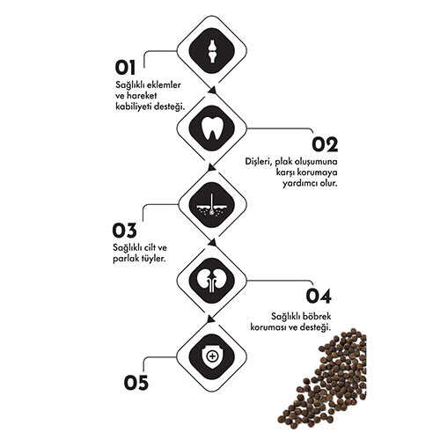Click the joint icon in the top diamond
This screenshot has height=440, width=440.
[212, 51]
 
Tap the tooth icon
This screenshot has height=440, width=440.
[212, 128]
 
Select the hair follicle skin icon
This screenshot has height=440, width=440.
[212, 204]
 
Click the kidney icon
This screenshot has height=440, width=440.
[212, 281]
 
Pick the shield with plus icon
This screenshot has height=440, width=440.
[212, 356]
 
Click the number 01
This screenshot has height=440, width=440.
[125, 68]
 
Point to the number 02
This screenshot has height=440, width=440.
[325, 144]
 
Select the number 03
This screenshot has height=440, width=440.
[125, 231]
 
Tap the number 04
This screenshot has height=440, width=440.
[319, 297]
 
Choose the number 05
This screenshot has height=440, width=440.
[136, 383]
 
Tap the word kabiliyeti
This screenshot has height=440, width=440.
[134, 106]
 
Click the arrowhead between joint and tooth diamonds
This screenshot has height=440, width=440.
[213, 91]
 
